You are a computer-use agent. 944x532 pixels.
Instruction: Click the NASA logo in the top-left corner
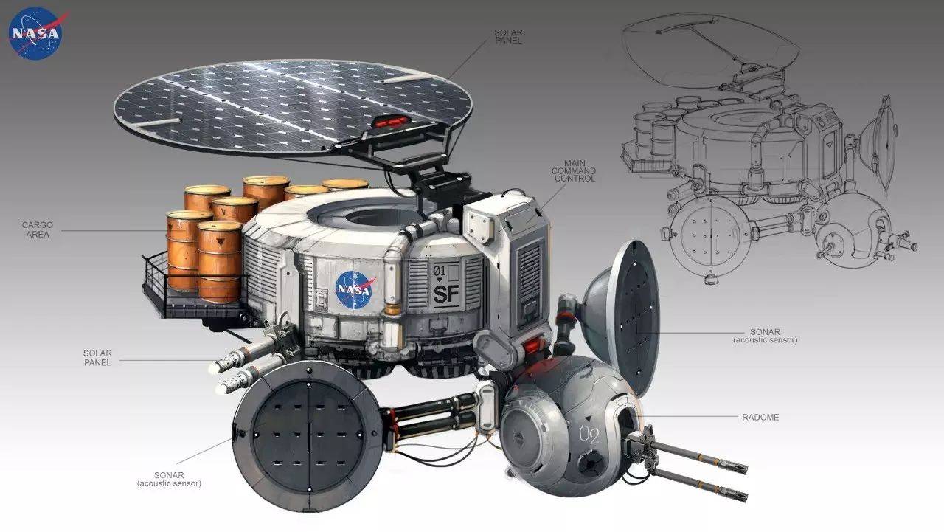[36, 34]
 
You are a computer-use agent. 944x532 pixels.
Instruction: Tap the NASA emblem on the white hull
[355, 289]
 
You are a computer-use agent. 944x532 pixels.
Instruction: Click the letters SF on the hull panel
[446, 294]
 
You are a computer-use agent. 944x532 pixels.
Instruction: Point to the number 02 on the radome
[589, 435]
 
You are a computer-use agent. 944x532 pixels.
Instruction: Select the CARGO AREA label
[38, 229]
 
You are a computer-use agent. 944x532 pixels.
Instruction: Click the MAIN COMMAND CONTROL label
[574, 170]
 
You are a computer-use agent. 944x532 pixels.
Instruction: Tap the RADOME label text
[760, 418]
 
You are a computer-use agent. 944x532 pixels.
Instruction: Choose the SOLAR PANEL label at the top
[508, 37]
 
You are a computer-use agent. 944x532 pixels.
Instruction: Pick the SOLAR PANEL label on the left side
[97, 358]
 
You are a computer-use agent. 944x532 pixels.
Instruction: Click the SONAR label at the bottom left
[169, 480]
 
